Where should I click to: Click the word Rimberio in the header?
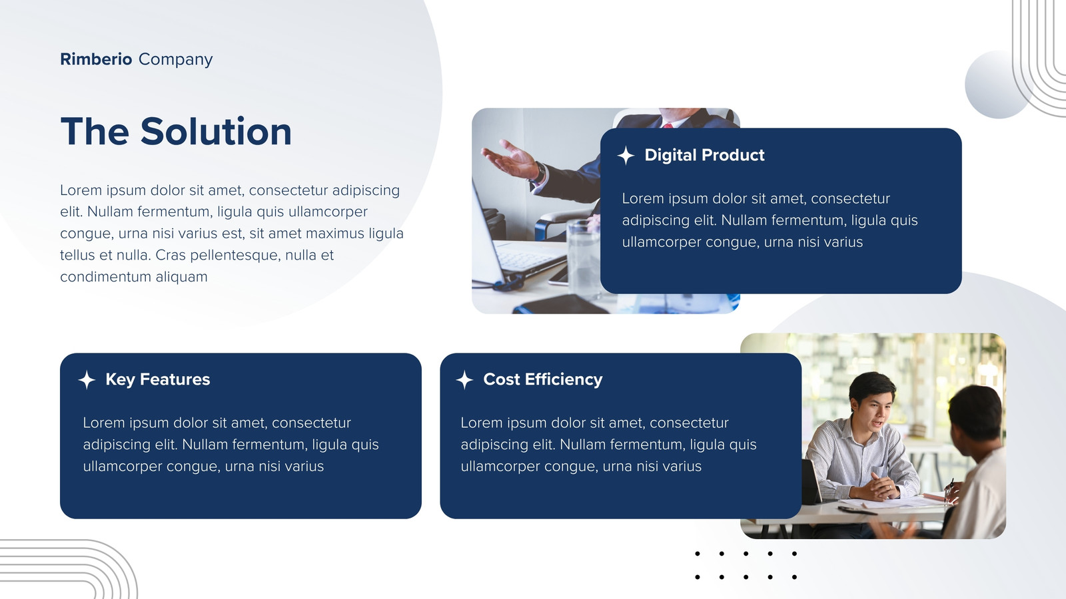96,59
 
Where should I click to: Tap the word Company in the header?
176,60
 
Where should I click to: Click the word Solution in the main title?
216,131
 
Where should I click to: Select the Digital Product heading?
704,156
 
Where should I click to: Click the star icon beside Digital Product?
626,156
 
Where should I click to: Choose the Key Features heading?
157,379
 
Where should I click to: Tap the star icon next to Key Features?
87,380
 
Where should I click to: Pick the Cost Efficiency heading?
542,379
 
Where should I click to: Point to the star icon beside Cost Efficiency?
464,380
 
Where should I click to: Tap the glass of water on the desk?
584,257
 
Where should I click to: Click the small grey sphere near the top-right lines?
997,85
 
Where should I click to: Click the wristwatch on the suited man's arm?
540,172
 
